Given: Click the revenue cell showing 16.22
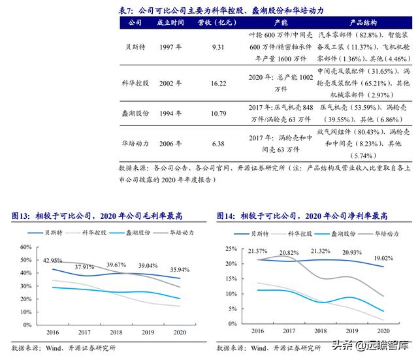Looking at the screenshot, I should (219, 84).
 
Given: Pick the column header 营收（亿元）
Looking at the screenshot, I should (219, 22).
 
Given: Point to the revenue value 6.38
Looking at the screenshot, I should (219, 144).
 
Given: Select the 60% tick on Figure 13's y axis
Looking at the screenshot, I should (25, 247).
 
